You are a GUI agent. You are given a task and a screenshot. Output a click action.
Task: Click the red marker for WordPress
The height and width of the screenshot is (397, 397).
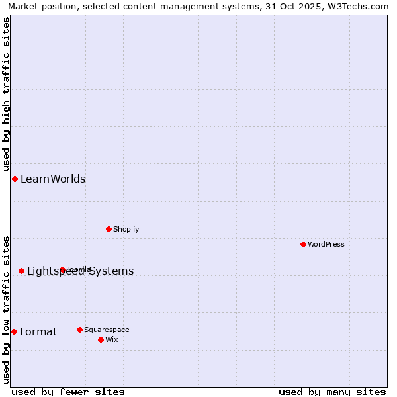[304, 244]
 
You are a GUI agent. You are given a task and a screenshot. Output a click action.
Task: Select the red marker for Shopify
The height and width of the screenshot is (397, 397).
[109, 229]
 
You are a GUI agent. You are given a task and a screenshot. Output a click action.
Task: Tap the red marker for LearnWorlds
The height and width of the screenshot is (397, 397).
[15, 179]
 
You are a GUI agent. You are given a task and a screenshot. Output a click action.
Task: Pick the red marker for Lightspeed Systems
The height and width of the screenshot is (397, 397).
[22, 271]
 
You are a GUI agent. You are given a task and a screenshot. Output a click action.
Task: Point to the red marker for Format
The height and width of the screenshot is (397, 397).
[15, 331]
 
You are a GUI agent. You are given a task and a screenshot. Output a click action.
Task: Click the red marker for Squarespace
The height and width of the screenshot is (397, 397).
[80, 330]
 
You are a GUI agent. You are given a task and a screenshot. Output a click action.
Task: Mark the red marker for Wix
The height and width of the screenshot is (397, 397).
[101, 339]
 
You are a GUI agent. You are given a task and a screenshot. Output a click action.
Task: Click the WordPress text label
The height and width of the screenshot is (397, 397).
[326, 244]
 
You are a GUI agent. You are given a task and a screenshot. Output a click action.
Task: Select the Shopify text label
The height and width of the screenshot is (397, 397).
[126, 229]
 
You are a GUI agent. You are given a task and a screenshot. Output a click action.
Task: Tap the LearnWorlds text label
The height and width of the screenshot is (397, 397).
[53, 179]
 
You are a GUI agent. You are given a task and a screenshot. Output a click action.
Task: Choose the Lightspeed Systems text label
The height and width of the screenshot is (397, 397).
[81, 271]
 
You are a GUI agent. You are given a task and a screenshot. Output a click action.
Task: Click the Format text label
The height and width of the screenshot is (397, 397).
[38, 331]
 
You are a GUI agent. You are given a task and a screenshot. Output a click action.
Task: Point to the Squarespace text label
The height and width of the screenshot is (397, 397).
[107, 330]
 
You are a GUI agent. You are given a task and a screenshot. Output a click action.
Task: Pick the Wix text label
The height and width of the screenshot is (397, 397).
[112, 339]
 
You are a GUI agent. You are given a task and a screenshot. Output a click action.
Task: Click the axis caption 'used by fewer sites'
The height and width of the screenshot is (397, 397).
[68, 392]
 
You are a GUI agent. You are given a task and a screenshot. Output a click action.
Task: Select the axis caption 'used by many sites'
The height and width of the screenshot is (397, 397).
[332, 392]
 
